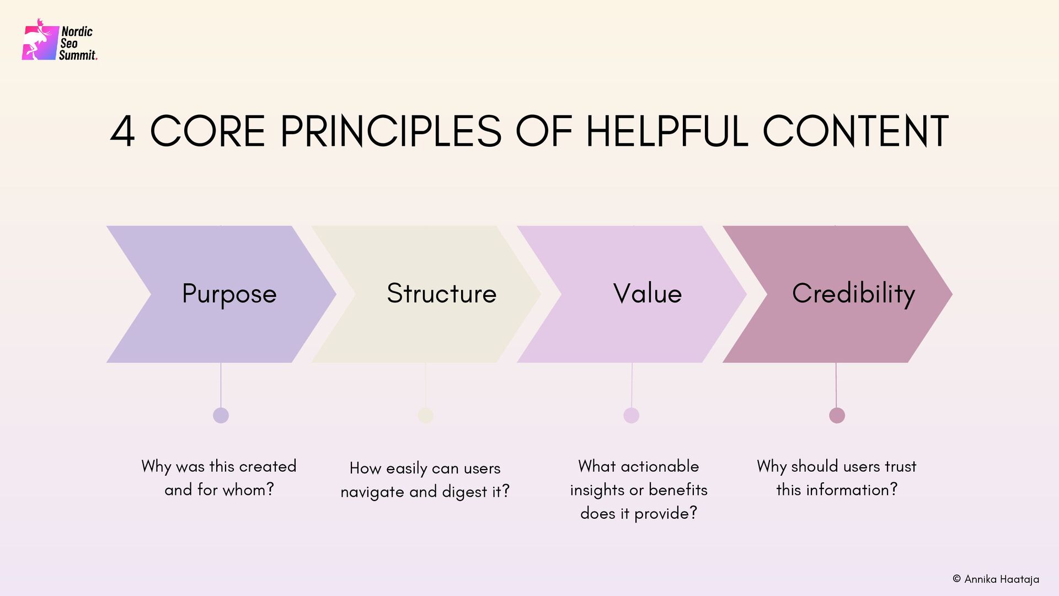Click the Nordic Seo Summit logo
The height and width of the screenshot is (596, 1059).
(60, 41)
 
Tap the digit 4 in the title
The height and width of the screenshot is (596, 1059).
(122, 132)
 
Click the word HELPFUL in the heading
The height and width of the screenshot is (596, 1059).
(667, 132)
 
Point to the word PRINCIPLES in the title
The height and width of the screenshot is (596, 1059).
(391, 132)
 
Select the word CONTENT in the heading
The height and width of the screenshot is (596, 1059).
(855, 132)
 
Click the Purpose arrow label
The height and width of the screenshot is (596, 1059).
(229, 294)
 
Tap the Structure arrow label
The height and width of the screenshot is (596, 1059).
(441, 294)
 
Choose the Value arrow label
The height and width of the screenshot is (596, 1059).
(648, 294)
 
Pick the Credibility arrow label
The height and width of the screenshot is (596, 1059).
(853, 294)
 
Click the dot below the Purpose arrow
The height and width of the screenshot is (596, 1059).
(221, 415)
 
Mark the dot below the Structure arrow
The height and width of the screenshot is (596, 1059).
(426, 415)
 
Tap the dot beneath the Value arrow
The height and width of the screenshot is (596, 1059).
(632, 415)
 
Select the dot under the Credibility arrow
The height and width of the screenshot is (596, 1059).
(837, 415)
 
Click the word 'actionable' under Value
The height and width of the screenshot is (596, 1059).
(660, 467)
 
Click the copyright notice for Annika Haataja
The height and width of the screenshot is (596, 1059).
(996, 579)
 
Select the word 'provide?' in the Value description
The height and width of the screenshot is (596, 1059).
(666, 514)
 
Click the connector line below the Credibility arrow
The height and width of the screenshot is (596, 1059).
(836, 385)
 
